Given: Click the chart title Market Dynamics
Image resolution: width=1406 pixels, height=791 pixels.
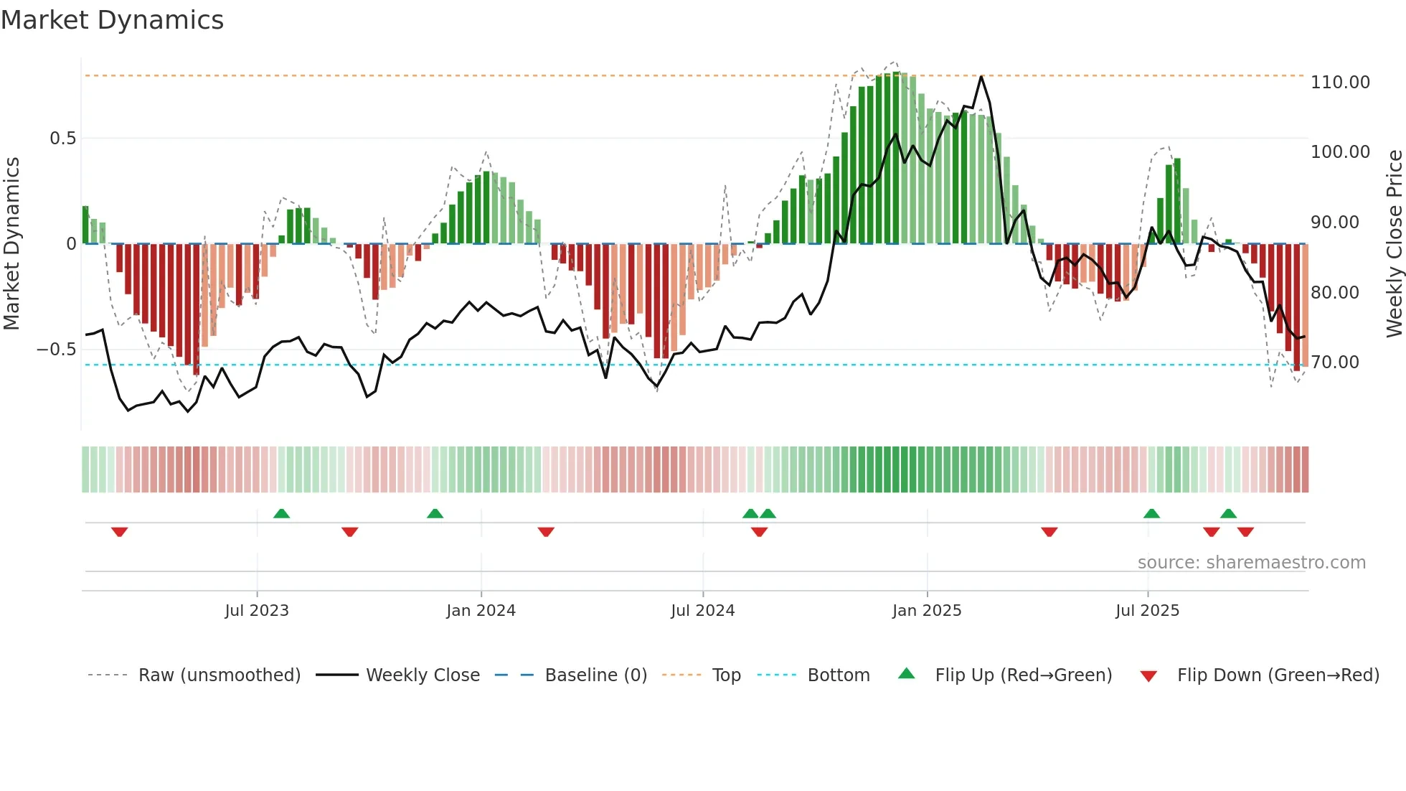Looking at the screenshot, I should (112, 20).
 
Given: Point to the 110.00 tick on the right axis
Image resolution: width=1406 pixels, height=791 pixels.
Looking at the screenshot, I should (1339, 83).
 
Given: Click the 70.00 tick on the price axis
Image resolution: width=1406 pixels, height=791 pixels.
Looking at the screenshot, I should (1335, 362).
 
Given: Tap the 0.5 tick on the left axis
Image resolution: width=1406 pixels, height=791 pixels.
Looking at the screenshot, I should (62, 139).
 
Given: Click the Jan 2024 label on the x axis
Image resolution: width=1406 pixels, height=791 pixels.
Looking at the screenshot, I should (481, 611).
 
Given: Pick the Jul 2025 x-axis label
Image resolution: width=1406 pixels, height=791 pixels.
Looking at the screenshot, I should (1147, 611).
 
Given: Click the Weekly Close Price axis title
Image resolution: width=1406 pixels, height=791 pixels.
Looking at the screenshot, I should (1394, 244).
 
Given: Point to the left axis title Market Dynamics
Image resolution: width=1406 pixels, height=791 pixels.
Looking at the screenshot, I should (11, 244).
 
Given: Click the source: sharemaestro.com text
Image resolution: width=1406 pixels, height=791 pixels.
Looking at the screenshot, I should (1251, 563).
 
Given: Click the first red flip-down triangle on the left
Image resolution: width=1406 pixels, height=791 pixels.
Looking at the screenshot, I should (120, 532).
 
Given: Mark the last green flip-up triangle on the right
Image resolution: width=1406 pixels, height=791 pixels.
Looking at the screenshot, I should (1228, 513).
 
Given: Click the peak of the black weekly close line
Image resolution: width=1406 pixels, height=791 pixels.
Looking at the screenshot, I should (981, 76).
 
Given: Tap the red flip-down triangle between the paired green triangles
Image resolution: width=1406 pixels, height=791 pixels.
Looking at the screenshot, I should (759, 532).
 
